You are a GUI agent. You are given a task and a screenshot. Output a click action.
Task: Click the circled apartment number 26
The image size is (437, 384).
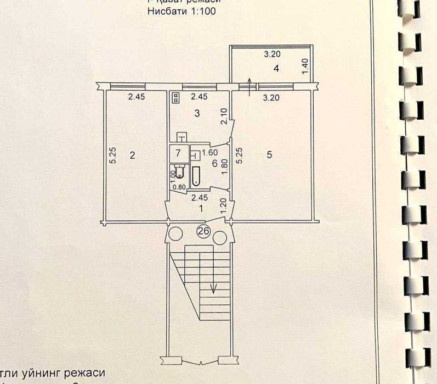click(202, 232)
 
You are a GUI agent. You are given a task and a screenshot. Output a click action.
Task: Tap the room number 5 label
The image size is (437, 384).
click(269, 155)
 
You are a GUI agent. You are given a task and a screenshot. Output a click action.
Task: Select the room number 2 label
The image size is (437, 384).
click(132, 155)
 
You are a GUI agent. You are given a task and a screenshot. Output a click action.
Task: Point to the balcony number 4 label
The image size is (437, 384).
click(277, 69)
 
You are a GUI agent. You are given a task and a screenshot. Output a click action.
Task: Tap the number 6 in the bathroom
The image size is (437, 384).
click(214, 163)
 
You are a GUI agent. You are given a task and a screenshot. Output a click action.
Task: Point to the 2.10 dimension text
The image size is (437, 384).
click(224, 116)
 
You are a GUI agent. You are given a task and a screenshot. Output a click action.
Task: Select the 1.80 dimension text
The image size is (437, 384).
click(224, 166)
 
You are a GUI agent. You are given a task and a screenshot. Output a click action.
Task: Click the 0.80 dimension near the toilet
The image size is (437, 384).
click(179, 187)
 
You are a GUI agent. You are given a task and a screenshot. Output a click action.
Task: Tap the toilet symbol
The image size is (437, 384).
click(178, 171)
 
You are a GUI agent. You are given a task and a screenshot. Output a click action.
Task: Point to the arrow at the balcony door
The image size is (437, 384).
click(251, 86)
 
